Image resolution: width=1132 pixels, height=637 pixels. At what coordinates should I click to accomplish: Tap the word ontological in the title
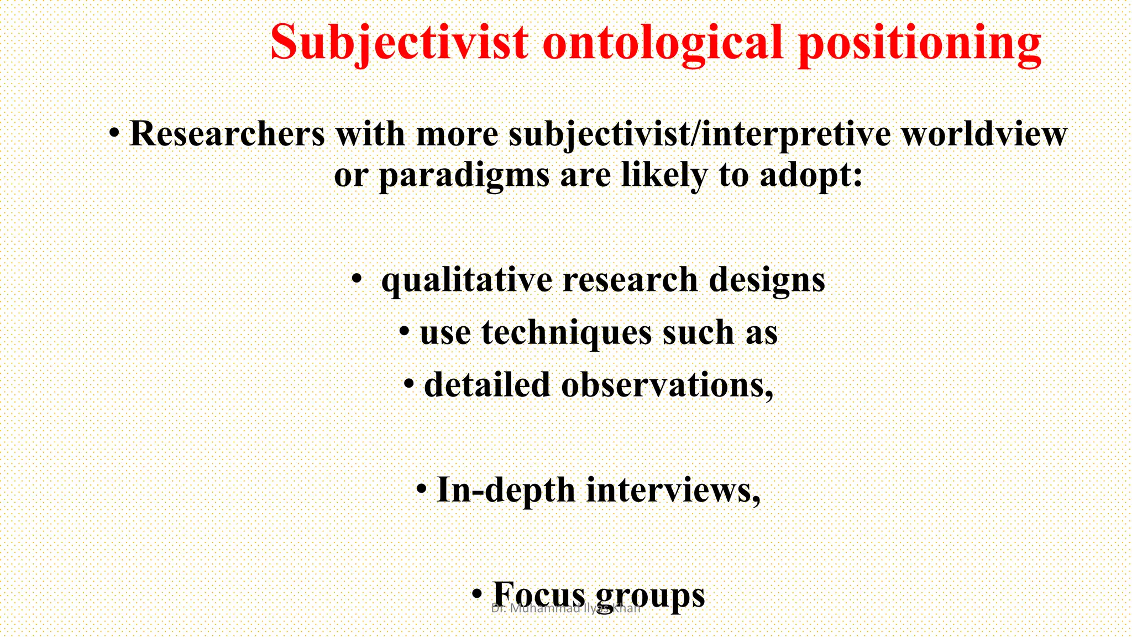tap(663, 43)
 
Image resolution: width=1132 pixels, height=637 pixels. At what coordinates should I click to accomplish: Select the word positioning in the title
tap(920, 43)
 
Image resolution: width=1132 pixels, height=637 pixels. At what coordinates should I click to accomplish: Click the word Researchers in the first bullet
tap(227, 134)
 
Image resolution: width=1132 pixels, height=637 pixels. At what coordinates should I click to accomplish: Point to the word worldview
tap(984, 134)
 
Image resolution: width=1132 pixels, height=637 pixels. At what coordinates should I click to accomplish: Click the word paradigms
tap(464, 176)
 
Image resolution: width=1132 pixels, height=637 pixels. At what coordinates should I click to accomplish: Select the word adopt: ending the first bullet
tap(811, 176)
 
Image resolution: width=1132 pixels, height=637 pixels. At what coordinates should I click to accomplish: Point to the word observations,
tap(667, 385)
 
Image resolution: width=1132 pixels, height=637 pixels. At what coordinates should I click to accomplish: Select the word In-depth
tap(506, 490)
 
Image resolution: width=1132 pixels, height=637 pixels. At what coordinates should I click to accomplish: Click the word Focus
tap(538, 594)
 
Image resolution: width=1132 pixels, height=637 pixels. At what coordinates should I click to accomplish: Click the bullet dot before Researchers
tap(114, 133)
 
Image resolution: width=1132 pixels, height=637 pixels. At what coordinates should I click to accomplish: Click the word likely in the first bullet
tap(664, 176)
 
